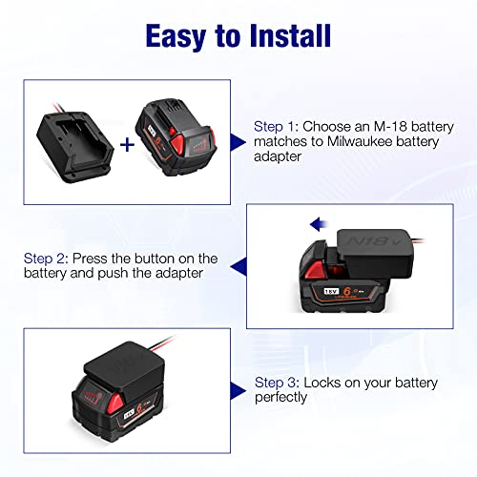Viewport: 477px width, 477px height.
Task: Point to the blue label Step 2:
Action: point(48,259)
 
